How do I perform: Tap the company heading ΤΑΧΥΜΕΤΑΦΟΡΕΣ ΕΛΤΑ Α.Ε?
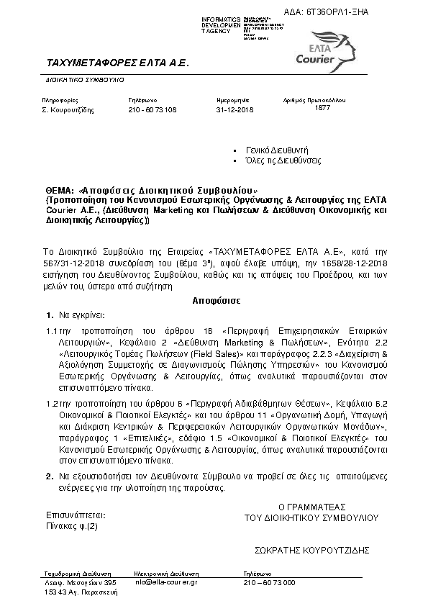coord(116,63)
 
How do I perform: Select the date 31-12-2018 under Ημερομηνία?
coord(235,109)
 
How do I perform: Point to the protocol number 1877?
coord(322,107)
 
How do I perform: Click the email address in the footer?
coord(166,581)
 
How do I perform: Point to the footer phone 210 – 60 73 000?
coord(270,581)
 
